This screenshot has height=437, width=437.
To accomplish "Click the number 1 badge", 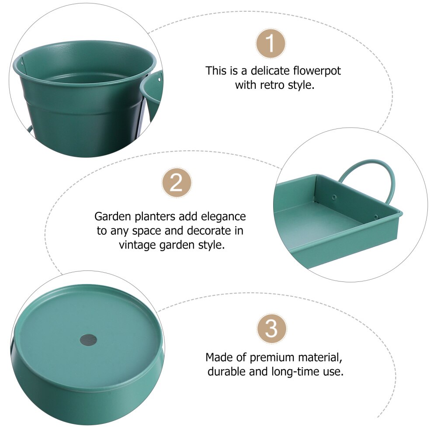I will tap(271, 44).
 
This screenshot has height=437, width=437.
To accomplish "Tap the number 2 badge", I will tap(177, 184).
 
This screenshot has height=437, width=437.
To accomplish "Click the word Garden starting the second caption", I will tap(112, 217).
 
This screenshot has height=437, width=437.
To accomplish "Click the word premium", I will tap(271, 357).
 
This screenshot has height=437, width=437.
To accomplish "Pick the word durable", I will tap(227, 371).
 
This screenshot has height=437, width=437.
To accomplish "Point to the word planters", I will tap(154, 217).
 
